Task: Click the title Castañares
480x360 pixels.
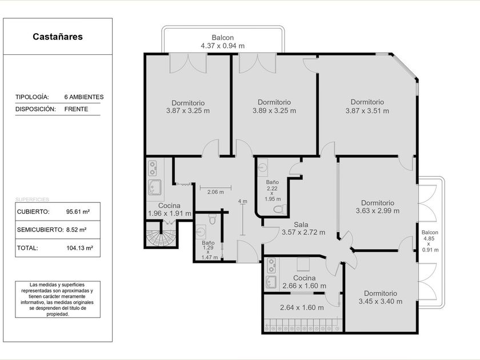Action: pos(58,37)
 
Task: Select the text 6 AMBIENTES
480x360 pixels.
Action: pos(84,97)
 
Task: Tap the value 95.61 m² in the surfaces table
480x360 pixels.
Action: pos(78,211)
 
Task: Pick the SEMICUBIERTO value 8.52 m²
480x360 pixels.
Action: pos(76,230)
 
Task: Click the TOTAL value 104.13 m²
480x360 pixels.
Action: pos(79,248)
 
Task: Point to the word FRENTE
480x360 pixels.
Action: pos(76,109)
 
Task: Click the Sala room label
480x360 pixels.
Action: pos(301,225)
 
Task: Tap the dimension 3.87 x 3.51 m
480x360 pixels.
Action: pos(367,111)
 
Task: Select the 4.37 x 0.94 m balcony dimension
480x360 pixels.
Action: pos(222,46)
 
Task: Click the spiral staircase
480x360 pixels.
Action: pos(161,234)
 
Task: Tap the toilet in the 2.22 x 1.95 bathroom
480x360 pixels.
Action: pos(280,209)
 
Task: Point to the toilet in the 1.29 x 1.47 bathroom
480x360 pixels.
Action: pos(212,218)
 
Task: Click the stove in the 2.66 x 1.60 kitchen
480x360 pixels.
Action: pos(271,265)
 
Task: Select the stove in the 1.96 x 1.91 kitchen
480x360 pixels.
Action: pos(152,168)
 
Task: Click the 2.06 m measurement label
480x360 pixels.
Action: pos(215,192)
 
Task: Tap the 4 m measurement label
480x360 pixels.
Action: pos(242,201)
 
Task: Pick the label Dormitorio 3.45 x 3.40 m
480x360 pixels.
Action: pos(381,297)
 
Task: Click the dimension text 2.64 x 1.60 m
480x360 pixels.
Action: pos(302,307)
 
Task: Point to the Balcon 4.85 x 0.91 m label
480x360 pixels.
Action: pos(430,241)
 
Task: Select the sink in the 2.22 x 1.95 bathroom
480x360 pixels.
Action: pos(263,167)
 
